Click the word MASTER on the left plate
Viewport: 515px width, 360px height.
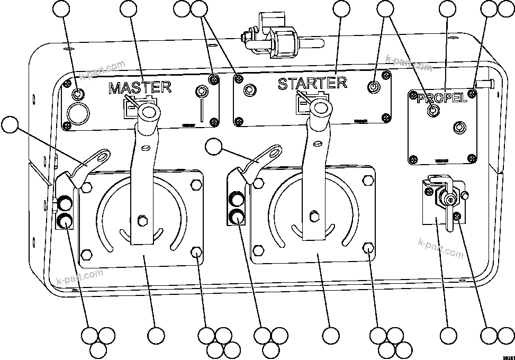click(x=140, y=87)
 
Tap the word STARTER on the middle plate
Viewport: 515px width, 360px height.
click(x=312, y=83)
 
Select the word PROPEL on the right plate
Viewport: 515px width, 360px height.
click(x=442, y=98)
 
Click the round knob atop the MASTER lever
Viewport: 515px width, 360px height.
click(x=149, y=112)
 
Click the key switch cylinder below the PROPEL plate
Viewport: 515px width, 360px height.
click(x=449, y=200)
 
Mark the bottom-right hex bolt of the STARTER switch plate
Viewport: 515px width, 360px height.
click(x=369, y=248)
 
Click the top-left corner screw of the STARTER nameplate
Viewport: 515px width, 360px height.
click(x=239, y=79)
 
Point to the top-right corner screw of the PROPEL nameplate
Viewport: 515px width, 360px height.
click(x=471, y=94)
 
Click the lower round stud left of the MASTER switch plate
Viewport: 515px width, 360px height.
click(x=65, y=221)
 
